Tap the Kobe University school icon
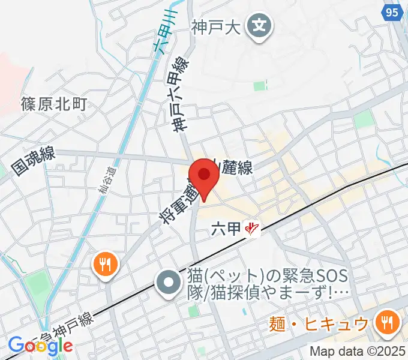coord(259,27)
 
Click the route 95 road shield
coord(392,13)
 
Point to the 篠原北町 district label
coord(54,104)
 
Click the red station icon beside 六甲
coord(254,229)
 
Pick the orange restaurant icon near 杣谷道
coord(106,264)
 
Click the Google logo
coord(40,346)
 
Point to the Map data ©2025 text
coord(358,351)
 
